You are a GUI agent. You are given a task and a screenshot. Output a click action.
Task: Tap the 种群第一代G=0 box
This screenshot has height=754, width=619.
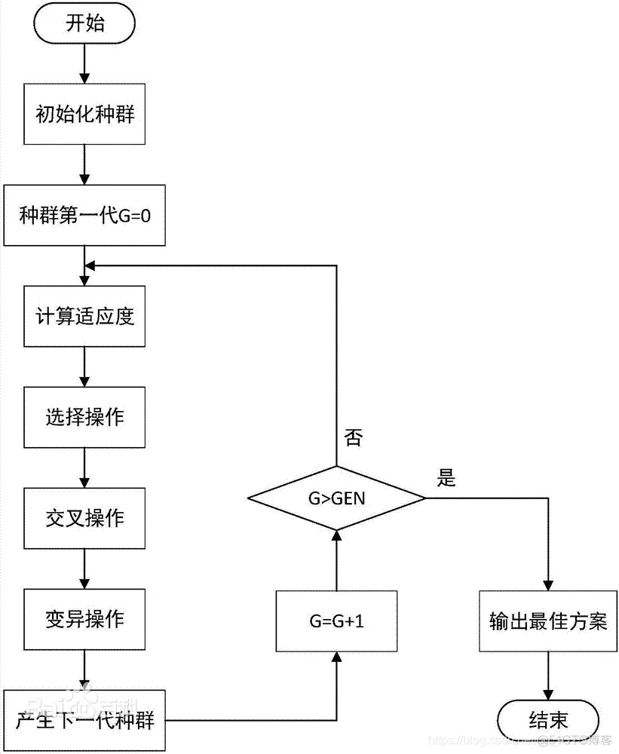[x=84, y=214]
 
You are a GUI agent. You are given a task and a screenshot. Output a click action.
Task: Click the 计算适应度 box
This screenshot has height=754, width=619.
[x=84, y=316]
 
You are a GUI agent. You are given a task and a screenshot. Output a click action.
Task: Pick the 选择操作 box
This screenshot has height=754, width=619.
[x=84, y=417]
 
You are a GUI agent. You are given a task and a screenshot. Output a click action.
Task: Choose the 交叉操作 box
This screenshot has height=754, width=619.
[x=84, y=519]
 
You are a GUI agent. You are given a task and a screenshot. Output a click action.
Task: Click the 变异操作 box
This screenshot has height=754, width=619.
[x=84, y=620]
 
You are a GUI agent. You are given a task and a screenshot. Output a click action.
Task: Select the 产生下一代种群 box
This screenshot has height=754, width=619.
[x=84, y=720]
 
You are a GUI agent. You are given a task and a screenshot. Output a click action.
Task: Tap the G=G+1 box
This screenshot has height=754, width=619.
[x=336, y=621]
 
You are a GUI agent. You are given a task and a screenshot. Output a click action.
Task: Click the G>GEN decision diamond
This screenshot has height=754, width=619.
[x=336, y=498]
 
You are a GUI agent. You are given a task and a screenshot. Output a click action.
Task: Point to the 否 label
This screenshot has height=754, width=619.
[x=353, y=438]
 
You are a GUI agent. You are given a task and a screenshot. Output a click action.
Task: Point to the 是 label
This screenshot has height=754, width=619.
[x=447, y=477]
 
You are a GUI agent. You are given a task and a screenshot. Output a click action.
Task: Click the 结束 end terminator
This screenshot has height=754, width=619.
[x=548, y=720]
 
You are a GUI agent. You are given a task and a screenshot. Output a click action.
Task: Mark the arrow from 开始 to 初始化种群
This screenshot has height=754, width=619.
[x=84, y=64]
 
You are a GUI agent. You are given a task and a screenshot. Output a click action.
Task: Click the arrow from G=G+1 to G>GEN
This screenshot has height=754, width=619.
[x=336, y=559]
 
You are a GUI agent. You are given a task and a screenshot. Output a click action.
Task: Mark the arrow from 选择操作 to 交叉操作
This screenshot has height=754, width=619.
[x=84, y=467]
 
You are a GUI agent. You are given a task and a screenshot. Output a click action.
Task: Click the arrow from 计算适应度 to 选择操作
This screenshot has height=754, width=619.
[x=84, y=366]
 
